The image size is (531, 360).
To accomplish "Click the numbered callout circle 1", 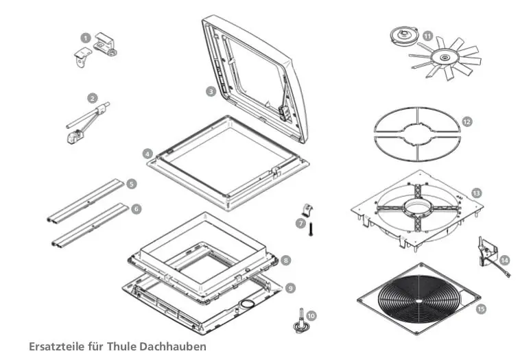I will point(85,37).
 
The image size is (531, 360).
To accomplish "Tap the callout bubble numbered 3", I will point(211,91).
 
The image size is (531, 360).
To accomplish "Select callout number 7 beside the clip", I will point(300,223).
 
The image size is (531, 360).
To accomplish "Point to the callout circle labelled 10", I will point(311,316).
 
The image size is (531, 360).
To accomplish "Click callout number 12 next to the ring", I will point(467,121).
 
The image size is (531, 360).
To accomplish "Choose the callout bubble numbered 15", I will point(481,309).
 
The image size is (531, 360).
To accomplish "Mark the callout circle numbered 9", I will point(290,289).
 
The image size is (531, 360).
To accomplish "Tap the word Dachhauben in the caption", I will point(172,346).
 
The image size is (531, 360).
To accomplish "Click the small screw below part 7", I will point(309,230).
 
